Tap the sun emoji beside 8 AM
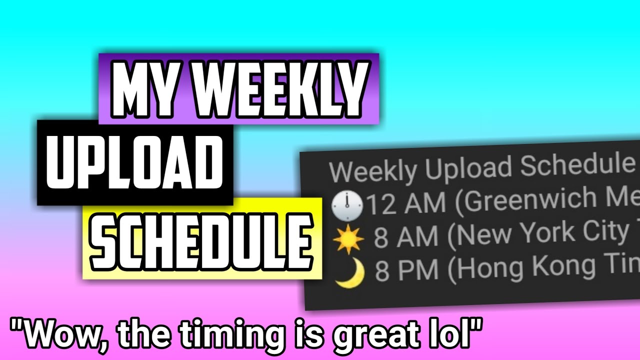[349, 240]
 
